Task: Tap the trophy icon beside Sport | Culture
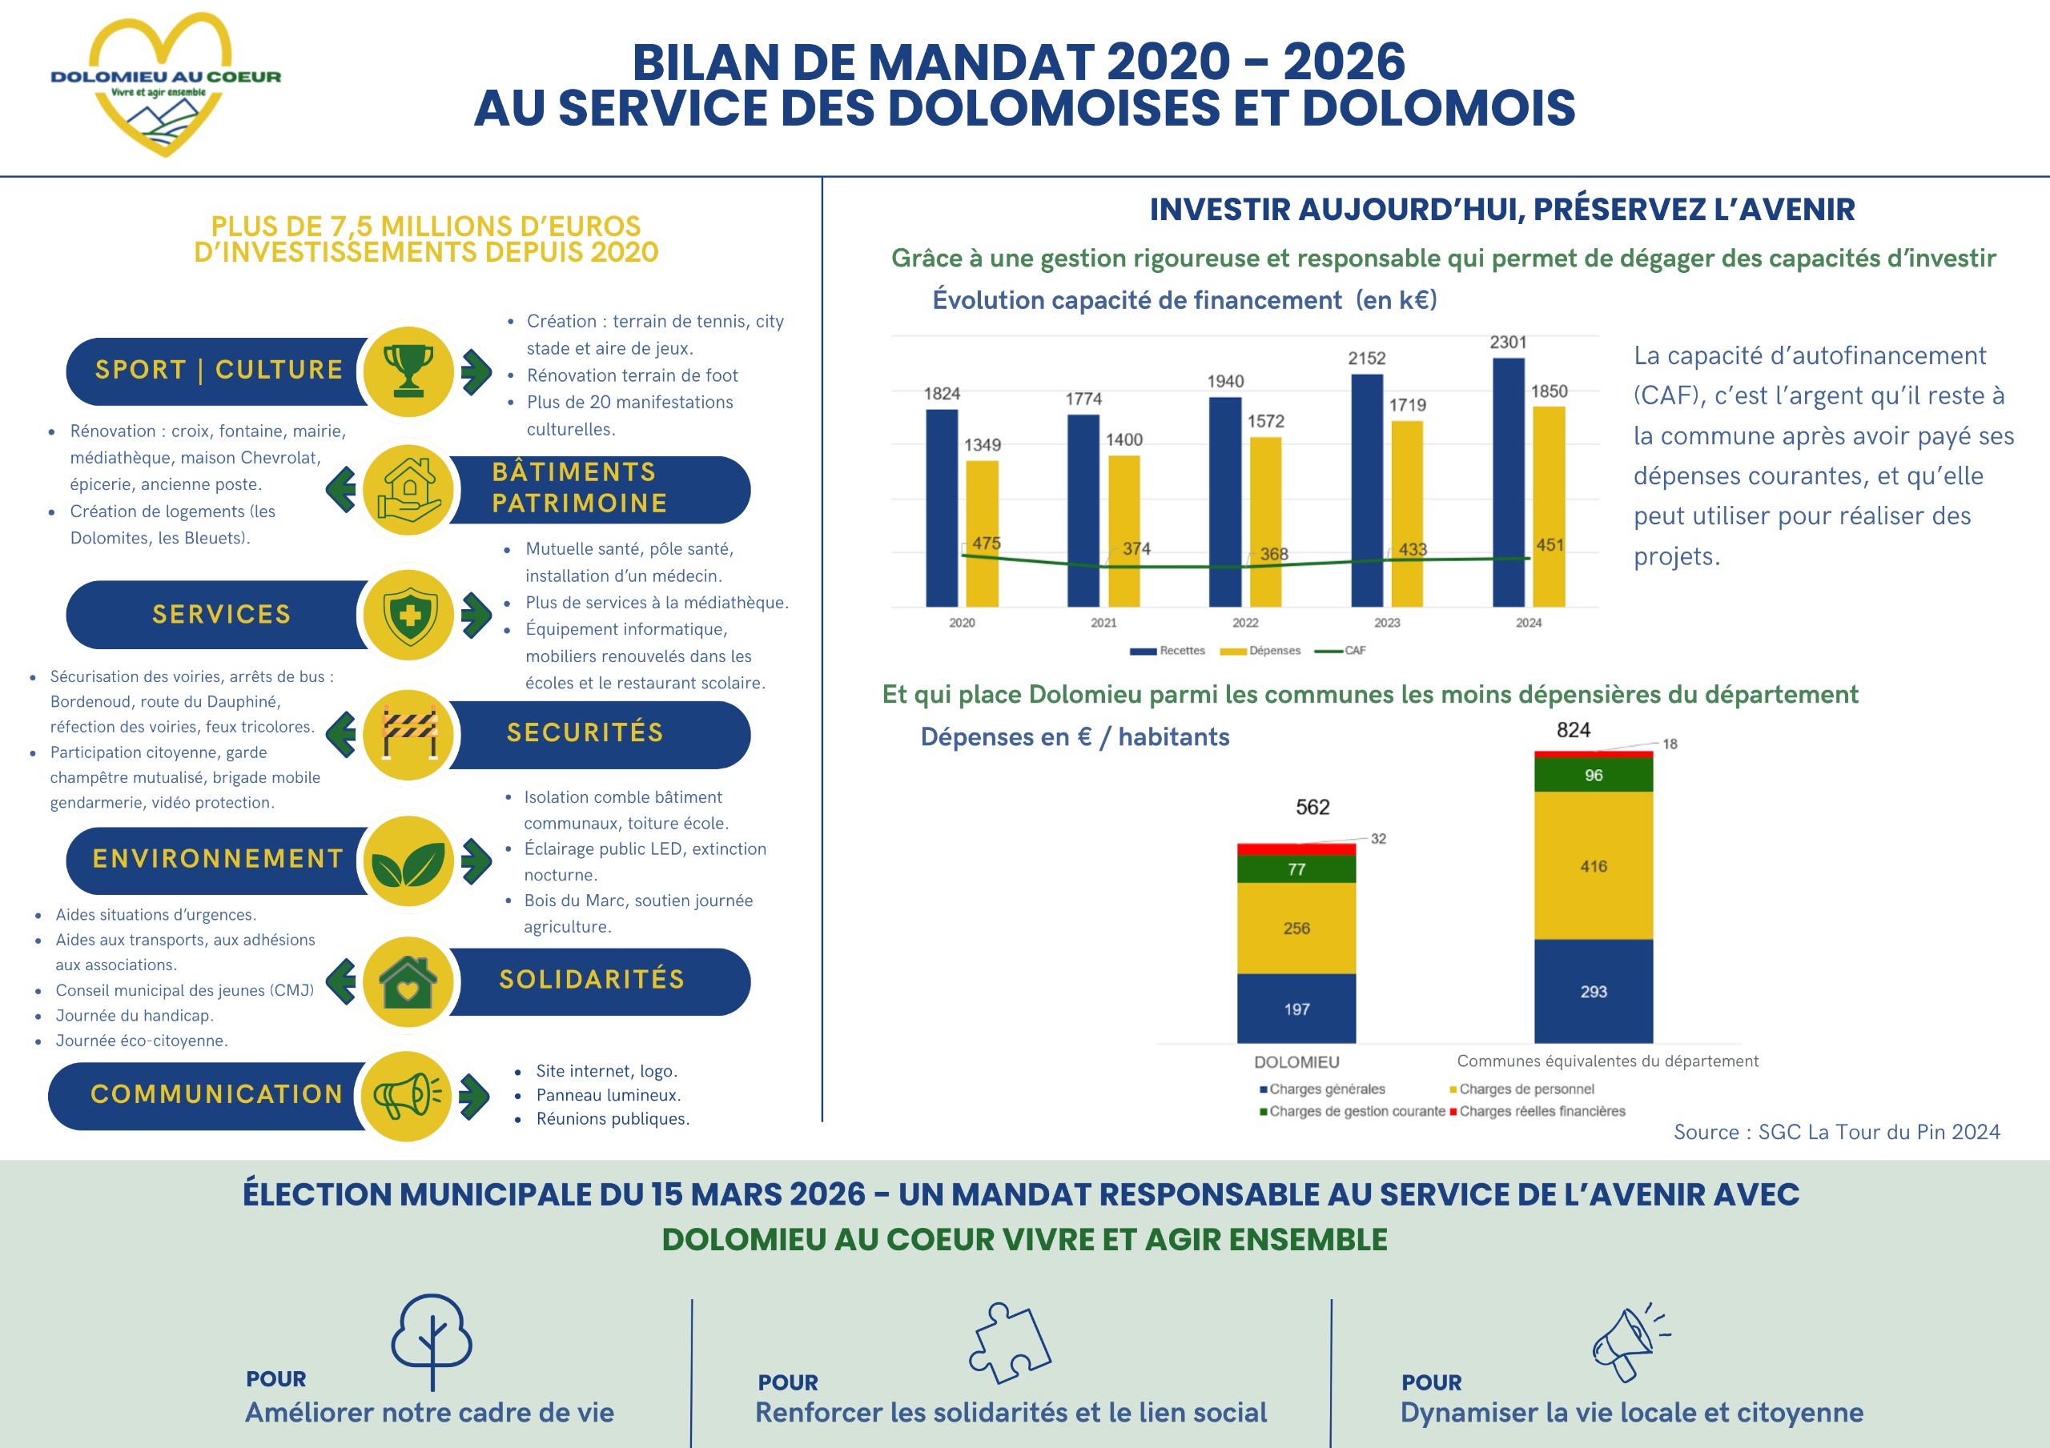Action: point(409,371)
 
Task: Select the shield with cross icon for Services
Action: point(409,615)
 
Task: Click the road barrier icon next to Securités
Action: point(409,734)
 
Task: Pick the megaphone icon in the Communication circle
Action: point(407,1095)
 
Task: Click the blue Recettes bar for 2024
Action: point(1508,482)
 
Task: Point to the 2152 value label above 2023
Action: point(1366,358)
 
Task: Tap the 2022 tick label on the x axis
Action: point(1244,622)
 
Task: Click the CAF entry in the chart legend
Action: point(1342,651)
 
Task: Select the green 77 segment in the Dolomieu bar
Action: point(1296,868)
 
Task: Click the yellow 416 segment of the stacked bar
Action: point(1593,865)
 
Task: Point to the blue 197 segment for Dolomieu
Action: point(1296,1008)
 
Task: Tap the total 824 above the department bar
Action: point(1574,730)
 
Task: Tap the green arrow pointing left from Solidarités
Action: point(340,981)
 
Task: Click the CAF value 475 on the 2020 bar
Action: point(986,543)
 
